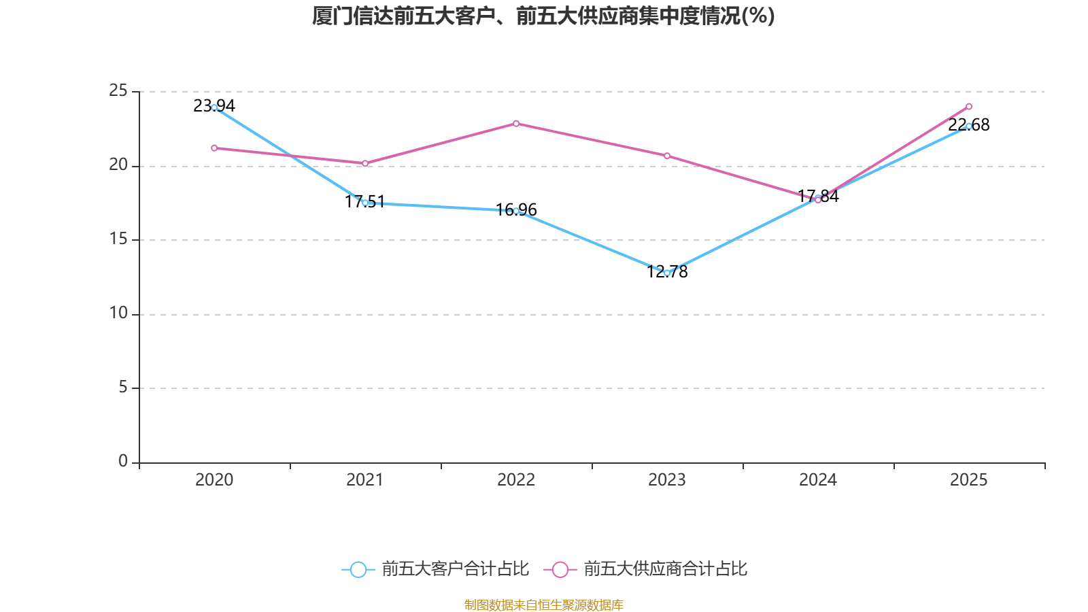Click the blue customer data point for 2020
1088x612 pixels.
point(214,107)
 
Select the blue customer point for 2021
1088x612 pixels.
point(365,203)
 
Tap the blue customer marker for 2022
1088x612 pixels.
point(516,211)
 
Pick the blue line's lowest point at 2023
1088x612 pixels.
point(667,273)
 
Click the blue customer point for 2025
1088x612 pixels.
point(969,126)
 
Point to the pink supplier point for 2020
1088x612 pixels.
point(214,148)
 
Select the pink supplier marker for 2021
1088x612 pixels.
point(365,163)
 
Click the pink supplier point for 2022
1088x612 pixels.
point(516,123)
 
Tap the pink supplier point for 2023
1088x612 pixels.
point(667,156)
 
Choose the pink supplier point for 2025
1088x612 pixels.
point(969,106)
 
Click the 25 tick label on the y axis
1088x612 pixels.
point(118,90)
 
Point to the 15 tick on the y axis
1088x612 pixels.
point(118,239)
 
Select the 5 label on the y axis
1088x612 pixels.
point(122,387)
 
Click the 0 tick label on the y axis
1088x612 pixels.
point(122,461)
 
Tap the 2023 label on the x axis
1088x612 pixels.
point(667,480)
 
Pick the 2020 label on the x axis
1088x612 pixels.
point(214,480)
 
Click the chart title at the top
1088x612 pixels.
point(543,16)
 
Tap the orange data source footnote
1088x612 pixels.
point(543,605)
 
